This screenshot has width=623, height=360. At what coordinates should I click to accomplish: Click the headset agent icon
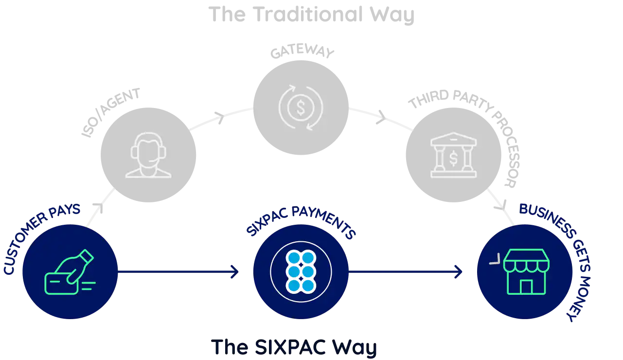[148, 154]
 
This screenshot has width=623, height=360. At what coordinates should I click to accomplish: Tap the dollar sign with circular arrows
[301, 108]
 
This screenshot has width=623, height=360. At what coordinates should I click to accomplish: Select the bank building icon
[453, 155]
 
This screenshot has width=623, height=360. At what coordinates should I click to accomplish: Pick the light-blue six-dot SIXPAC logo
[301, 271]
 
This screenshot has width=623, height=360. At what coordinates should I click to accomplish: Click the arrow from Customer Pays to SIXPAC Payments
[180, 272]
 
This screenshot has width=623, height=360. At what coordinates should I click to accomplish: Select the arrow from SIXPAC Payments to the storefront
[406, 272]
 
